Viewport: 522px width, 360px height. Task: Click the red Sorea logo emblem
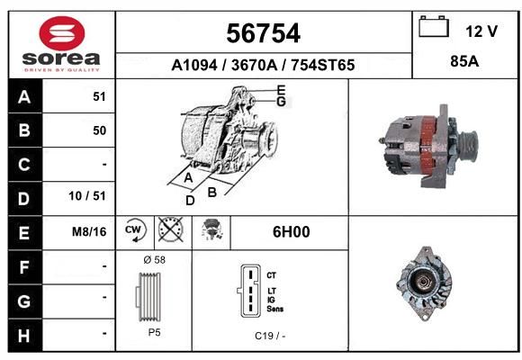click(x=62, y=33)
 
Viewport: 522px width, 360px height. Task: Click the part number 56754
click(x=264, y=33)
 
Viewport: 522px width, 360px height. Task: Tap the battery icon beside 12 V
click(x=434, y=26)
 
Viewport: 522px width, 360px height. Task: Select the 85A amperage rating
click(x=464, y=61)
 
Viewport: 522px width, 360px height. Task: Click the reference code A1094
click(x=194, y=65)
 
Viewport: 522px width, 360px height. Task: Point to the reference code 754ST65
click(x=323, y=65)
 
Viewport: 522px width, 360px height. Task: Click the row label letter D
click(x=23, y=199)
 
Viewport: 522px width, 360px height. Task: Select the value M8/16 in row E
click(x=89, y=231)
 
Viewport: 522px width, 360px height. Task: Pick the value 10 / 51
click(x=87, y=196)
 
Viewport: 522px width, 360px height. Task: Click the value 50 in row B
click(x=100, y=130)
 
